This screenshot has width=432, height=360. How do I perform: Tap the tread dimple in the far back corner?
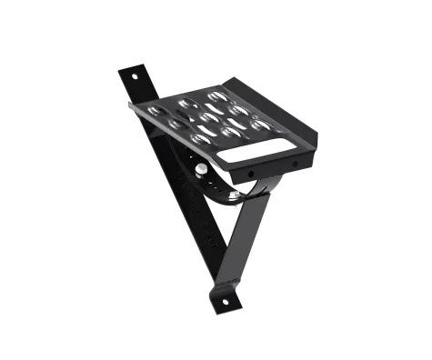tap(216, 95)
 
